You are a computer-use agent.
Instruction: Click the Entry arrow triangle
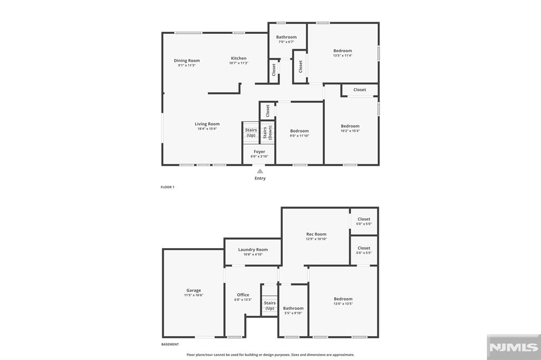click(260, 171)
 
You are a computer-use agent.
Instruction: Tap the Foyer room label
click(259, 151)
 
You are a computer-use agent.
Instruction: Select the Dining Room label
click(186, 61)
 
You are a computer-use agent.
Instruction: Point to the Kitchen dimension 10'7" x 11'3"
click(239, 63)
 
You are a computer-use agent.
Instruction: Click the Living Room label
click(207, 124)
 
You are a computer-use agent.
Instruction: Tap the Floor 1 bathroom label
click(286, 37)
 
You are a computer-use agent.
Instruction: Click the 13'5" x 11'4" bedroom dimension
click(342, 55)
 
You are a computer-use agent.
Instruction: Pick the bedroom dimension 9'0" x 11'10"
click(300, 136)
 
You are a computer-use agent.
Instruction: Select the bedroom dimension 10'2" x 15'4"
click(350, 131)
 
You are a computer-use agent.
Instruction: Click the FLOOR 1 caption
click(167, 187)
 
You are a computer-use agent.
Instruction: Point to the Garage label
click(193, 290)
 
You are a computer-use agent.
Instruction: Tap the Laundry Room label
click(253, 250)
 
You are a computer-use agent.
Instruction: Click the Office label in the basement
click(243, 295)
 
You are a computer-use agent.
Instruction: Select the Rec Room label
click(316, 234)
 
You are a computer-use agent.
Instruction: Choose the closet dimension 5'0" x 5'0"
click(364, 224)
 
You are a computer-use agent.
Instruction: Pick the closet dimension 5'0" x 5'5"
click(364, 253)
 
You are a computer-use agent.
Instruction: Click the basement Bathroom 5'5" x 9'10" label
click(293, 310)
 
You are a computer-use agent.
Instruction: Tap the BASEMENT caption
click(170, 345)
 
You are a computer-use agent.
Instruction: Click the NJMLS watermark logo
click(514, 347)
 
